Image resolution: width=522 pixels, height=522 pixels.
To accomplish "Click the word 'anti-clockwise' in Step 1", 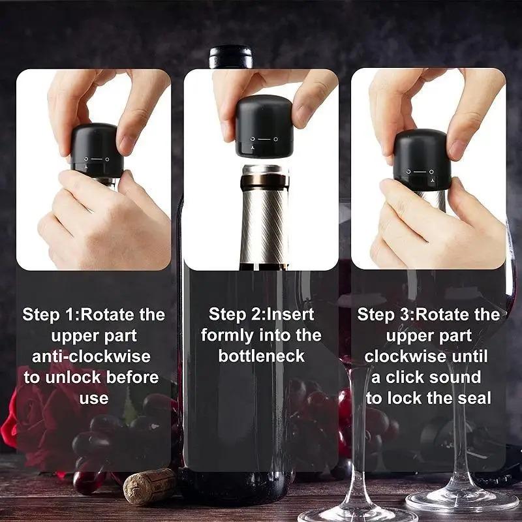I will (x=91, y=356).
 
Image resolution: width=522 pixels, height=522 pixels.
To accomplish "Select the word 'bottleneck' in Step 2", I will (x=261, y=356).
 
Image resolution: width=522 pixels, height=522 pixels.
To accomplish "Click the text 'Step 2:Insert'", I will (x=261, y=315).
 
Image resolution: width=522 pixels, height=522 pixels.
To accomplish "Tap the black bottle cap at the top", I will (x=230, y=56).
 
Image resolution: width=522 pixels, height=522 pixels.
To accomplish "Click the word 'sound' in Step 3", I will (x=453, y=377).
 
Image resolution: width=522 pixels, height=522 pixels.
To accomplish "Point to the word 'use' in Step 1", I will (x=93, y=398).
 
